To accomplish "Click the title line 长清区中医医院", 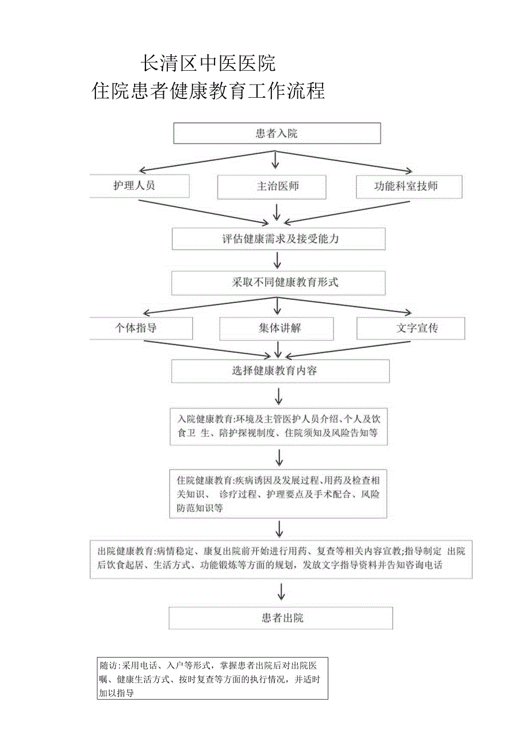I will [208, 63].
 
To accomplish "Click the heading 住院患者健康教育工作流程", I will [208, 91].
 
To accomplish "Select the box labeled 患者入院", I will [277, 133].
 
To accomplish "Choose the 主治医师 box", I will [271, 187].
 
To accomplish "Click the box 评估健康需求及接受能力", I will [278, 239].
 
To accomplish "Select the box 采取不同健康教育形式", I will [278, 282].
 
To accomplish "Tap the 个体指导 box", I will [140, 328].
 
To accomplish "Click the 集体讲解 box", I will [277, 328].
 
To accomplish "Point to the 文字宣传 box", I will [411, 328].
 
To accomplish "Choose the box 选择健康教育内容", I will [280, 371].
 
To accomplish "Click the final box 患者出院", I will [281, 618].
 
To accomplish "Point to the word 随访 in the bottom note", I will [108, 666].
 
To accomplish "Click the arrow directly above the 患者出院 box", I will [281, 592].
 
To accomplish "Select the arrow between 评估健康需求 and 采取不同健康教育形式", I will [277, 260].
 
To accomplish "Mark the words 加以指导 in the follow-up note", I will [117, 693].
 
